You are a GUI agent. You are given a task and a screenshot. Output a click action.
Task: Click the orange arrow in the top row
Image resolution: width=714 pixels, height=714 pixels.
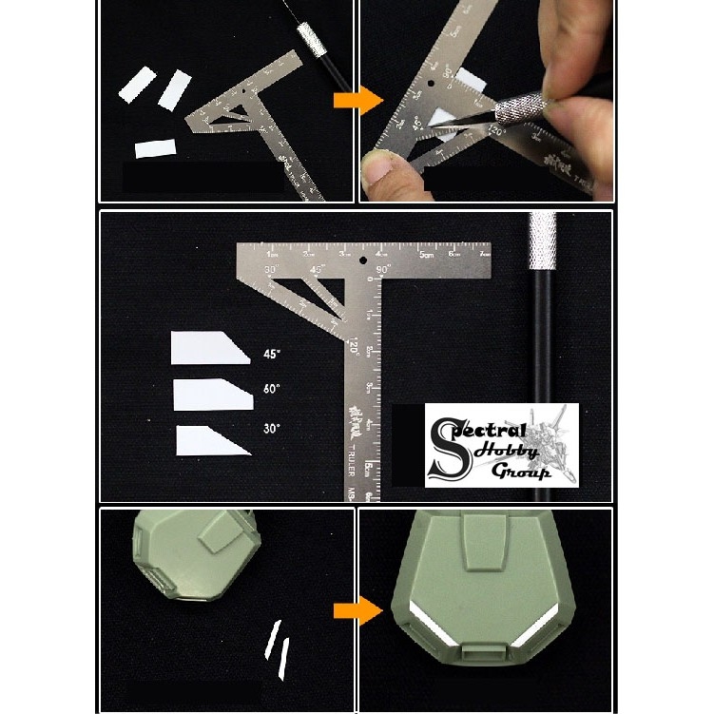click(357, 102)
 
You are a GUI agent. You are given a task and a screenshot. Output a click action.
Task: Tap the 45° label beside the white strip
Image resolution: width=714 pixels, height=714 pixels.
click(272, 355)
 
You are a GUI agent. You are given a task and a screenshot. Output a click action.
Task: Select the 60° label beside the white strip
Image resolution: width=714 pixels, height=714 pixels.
click(272, 389)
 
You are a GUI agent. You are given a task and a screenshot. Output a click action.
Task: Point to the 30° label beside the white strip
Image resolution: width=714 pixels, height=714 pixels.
click(272, 429)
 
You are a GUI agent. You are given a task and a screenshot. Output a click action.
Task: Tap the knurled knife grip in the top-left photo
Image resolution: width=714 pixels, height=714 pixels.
click(311, 41)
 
